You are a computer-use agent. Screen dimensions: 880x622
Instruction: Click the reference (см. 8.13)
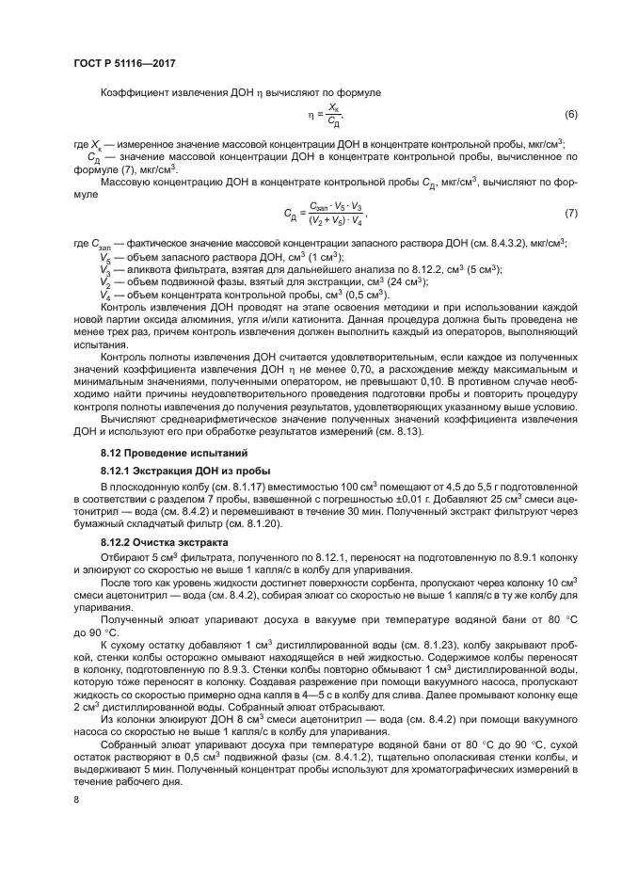point(398,433)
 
